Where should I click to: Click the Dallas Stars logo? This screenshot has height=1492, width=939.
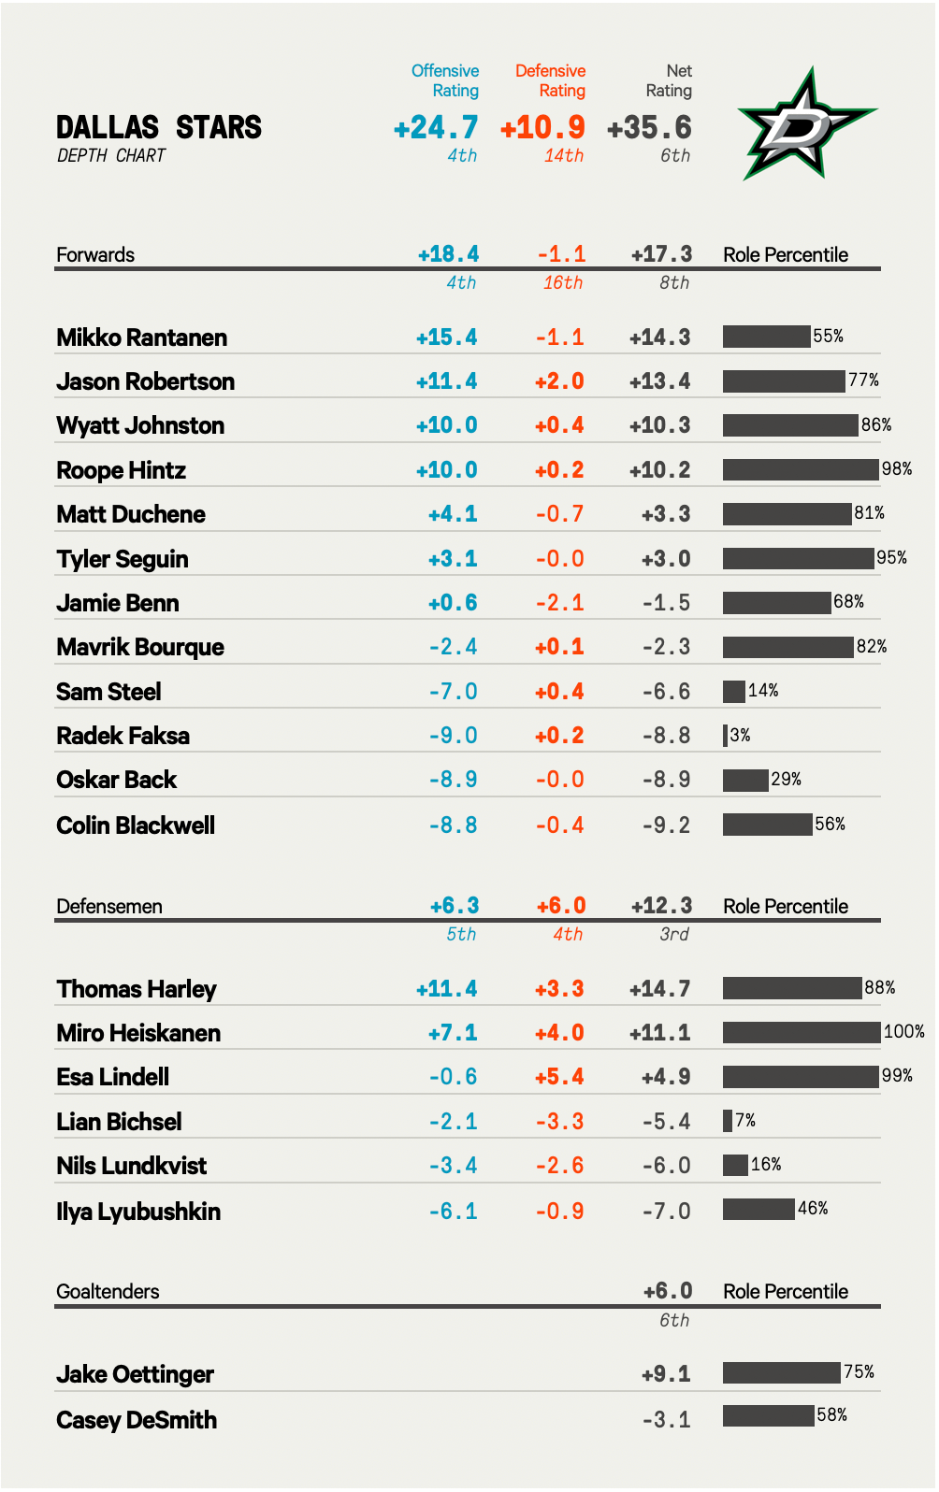pos(806,125)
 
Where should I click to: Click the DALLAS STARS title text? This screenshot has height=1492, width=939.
pos(159,127)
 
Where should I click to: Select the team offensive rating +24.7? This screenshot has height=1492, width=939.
pos(436,127)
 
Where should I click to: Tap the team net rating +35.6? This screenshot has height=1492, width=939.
pos(649,127)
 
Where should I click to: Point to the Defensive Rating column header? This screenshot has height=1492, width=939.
pos(551,80)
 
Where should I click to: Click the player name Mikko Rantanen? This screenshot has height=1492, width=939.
pos(141,337)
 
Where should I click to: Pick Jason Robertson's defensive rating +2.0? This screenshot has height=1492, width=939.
pos(559,381)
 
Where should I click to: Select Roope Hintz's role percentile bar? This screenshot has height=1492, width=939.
pos(801,468)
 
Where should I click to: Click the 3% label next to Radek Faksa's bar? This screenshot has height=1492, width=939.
pos(740,735)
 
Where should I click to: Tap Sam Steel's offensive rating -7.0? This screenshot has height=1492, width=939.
pos(453,692)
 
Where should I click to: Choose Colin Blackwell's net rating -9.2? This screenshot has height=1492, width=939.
pos(666,825)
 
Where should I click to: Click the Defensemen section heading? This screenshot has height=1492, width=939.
pos(109,906)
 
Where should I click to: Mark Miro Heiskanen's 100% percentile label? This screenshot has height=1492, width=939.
pos(903,1031)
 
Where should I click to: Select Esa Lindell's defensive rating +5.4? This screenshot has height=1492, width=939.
pos(559,1077)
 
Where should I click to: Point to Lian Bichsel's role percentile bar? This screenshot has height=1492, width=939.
pos(728,1120)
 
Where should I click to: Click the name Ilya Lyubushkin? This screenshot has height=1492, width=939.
pos(138,1212)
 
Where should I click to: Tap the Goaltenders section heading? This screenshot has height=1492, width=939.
pos(108,1291)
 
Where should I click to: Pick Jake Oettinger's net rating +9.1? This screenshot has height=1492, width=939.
pos(666,1374)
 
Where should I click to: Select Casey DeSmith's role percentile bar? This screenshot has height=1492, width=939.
pos(768,1415)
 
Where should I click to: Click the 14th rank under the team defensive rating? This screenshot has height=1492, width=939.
pos(564,156)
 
